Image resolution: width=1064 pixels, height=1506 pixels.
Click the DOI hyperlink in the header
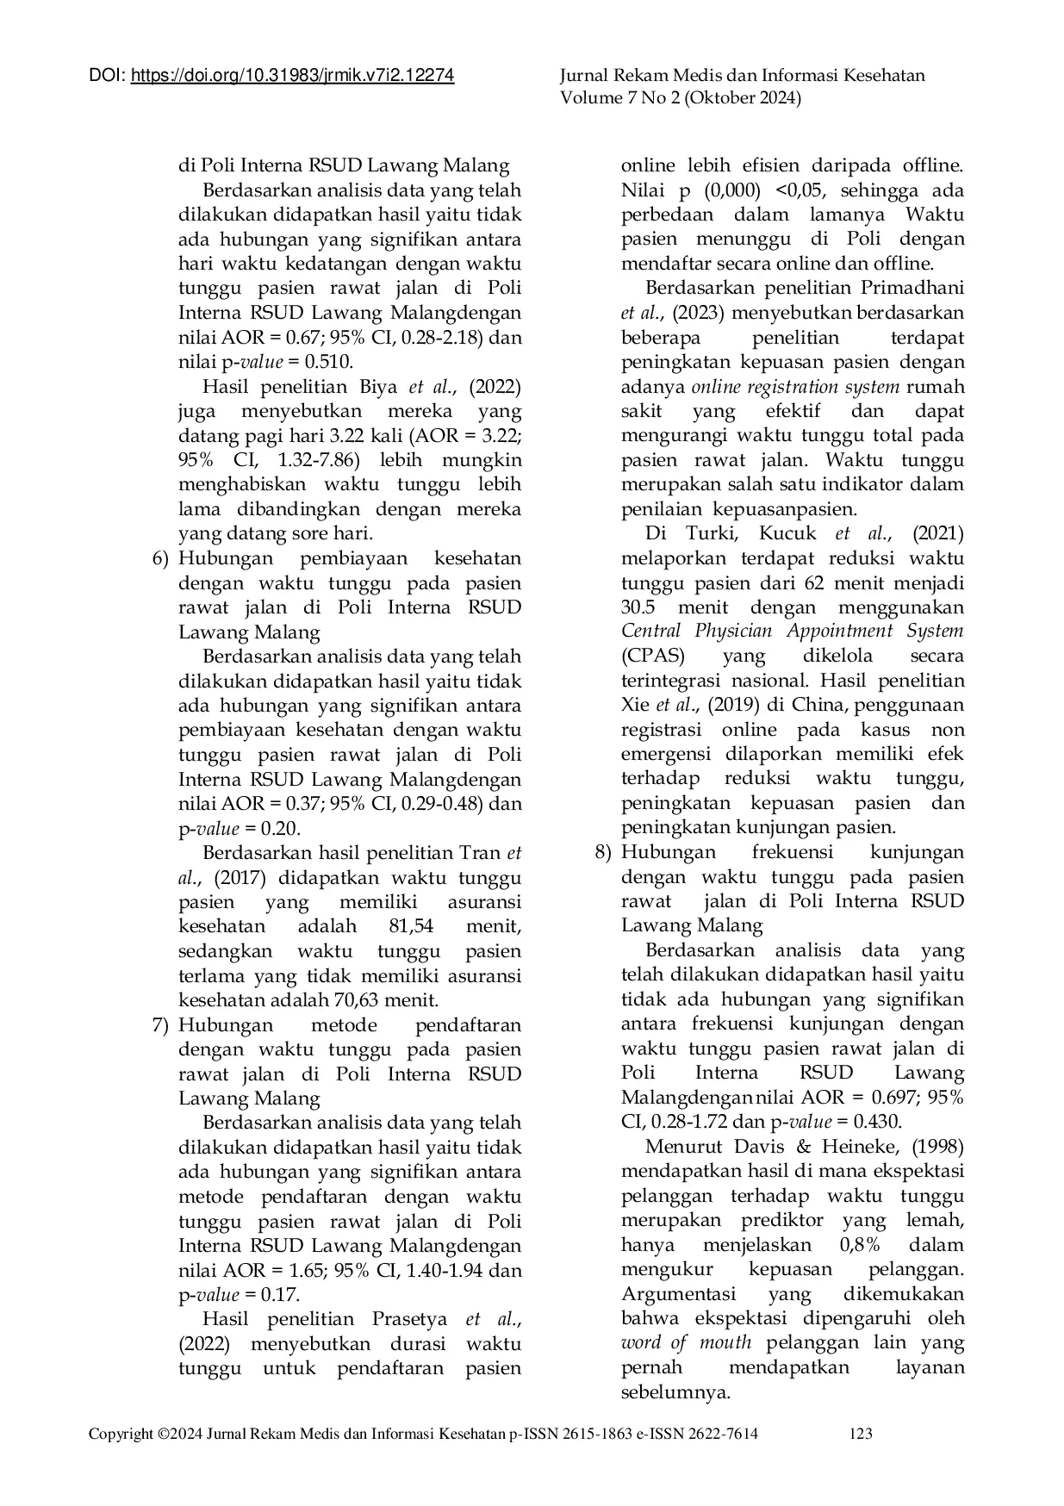(292, 76)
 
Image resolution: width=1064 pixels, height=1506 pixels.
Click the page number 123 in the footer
(861, 1434)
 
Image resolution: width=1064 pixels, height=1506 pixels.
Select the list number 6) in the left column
(161, 558)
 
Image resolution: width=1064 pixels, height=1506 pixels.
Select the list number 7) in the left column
(161, 1025)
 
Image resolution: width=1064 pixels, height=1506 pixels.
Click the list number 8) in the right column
(604, 852)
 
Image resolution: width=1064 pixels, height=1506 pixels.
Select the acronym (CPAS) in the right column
(652, 656)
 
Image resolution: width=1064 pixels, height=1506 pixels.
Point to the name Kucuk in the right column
(787, 533)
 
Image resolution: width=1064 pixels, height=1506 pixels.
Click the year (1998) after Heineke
(937, 1147)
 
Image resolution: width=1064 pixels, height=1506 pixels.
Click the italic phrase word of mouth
(686, 1343)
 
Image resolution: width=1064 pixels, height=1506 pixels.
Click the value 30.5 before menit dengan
(639, 607)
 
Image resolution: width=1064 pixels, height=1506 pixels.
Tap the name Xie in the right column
(635, 705)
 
